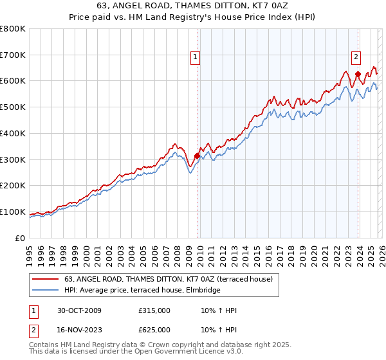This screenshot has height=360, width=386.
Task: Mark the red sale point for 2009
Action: coord(197,155)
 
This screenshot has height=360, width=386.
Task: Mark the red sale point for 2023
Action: coord(358,74)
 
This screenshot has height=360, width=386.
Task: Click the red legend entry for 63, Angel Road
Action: coord(169,279)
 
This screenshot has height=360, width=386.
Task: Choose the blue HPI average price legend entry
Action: coord(142,291)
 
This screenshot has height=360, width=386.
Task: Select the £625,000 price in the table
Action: coord(154,330)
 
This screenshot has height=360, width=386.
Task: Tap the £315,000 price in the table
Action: coord(154,311)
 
